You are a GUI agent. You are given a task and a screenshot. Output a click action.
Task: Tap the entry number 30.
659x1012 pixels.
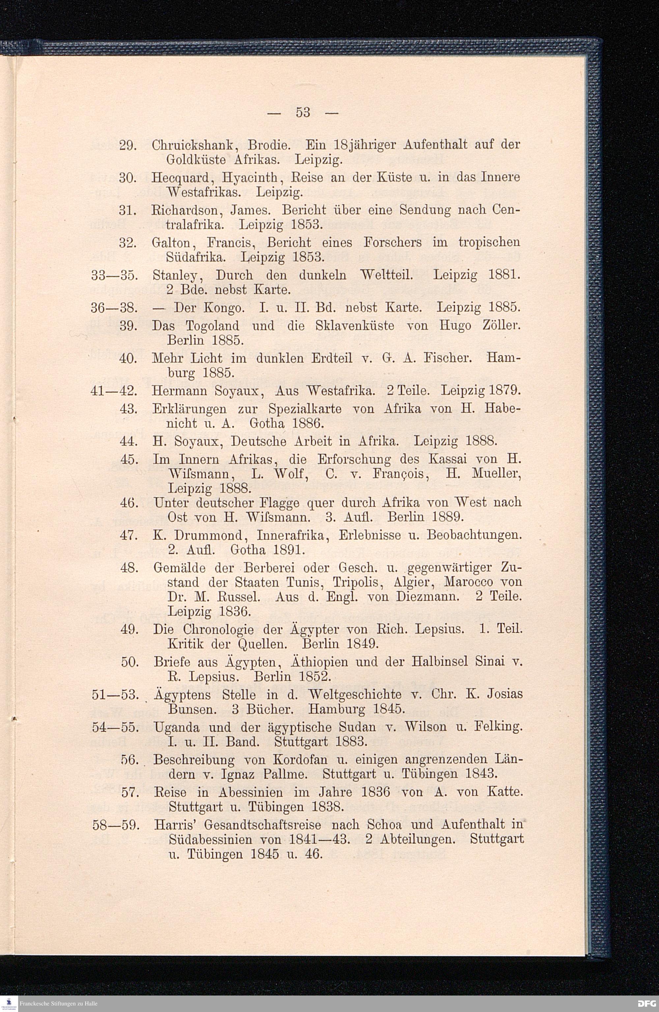coord(128,177)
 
